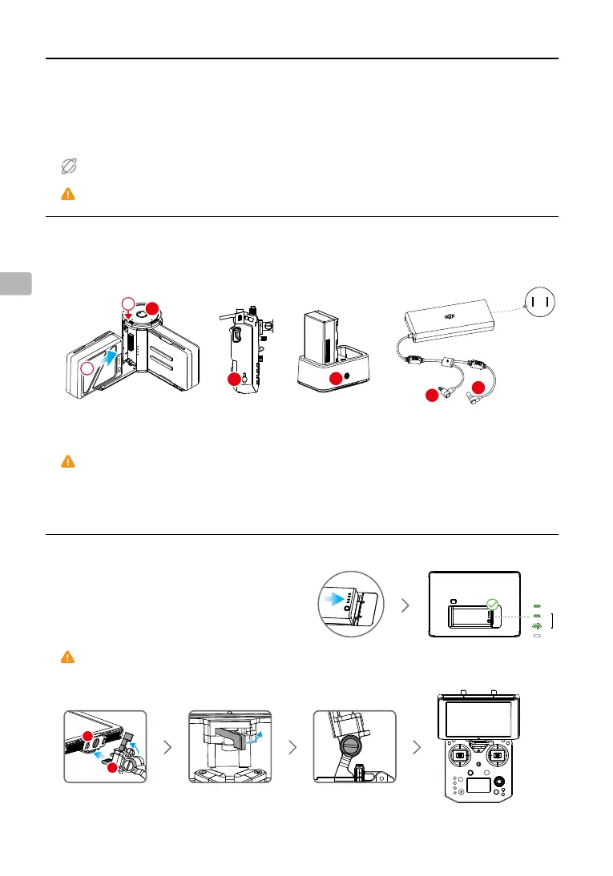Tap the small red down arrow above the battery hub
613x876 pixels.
pos(128,315)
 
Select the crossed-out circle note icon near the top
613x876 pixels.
pos(68,167)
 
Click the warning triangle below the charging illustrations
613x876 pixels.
pos(68,461)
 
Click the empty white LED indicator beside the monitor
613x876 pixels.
pos(536,635)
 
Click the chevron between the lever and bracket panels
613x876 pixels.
pos(292,746)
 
